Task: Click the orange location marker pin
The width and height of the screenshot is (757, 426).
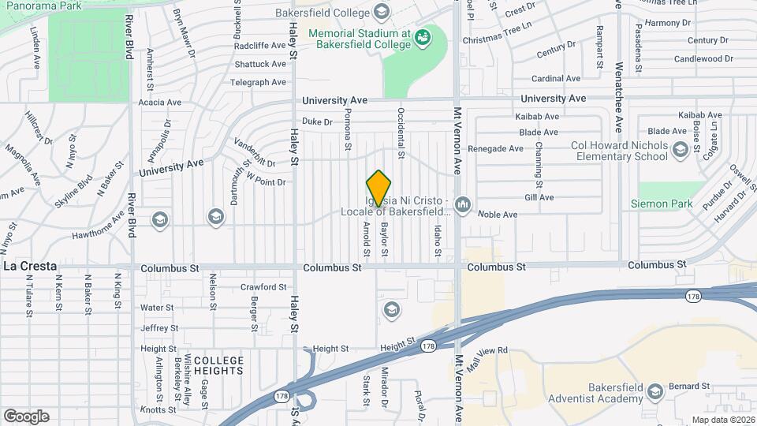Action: tap(379, 188)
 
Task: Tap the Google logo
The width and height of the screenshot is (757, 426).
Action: tap(26, 417)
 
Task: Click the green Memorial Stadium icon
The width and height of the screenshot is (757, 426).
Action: tap(423, 35)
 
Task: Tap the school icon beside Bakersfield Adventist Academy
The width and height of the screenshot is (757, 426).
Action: tap(654, 391)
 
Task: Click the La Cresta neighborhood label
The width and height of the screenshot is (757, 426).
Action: tap(30, 267)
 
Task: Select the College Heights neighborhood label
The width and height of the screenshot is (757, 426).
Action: tap(218, 365)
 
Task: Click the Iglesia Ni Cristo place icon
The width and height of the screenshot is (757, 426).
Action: tap(463, 206)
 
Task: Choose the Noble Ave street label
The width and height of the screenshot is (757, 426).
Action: tap(498, 215)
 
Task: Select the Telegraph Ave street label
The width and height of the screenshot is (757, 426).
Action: tap(258, 82)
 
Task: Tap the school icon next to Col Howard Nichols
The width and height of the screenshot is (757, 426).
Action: tap(679, 148)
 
